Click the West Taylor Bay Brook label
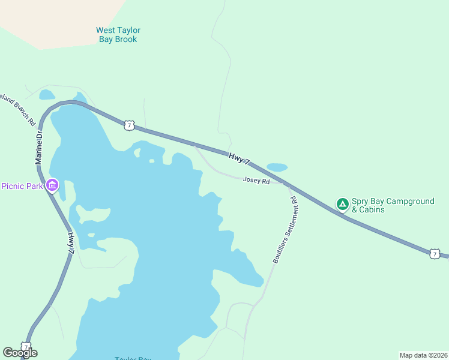(x=118, y=35)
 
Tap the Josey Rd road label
(x=256, y=180)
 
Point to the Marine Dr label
(x=39, y=149)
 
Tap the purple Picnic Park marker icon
(x=52, y=185)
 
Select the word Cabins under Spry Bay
(x=372, y=210)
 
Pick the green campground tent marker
(x=342, y=205)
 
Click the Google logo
(x=20, y=353)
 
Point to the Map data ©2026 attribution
(x=423, y=355)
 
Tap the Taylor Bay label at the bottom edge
(x=133, y=358)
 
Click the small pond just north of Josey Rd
(x=277, y=167)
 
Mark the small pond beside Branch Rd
(x=46, y=94)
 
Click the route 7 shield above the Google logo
(x=26, y=346)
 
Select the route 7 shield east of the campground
(x=435, y=254)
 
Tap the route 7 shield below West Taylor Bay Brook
(x=129, y=125)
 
